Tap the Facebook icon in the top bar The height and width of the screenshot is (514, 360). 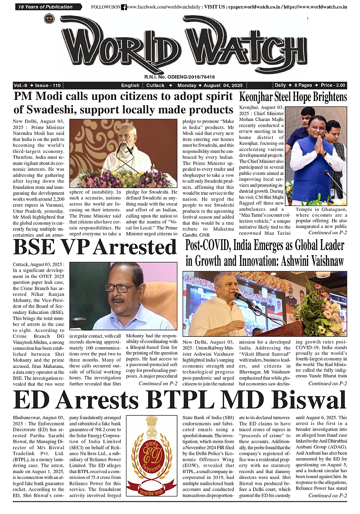[x=124, y=7]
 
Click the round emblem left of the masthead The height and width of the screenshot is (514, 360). [x=48, y=19]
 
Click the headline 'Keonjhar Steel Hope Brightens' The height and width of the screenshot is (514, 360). [x=293, y=97]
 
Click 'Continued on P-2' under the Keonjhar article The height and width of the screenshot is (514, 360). [x=327, y=232]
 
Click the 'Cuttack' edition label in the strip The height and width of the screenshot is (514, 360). [x=155, y=85]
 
